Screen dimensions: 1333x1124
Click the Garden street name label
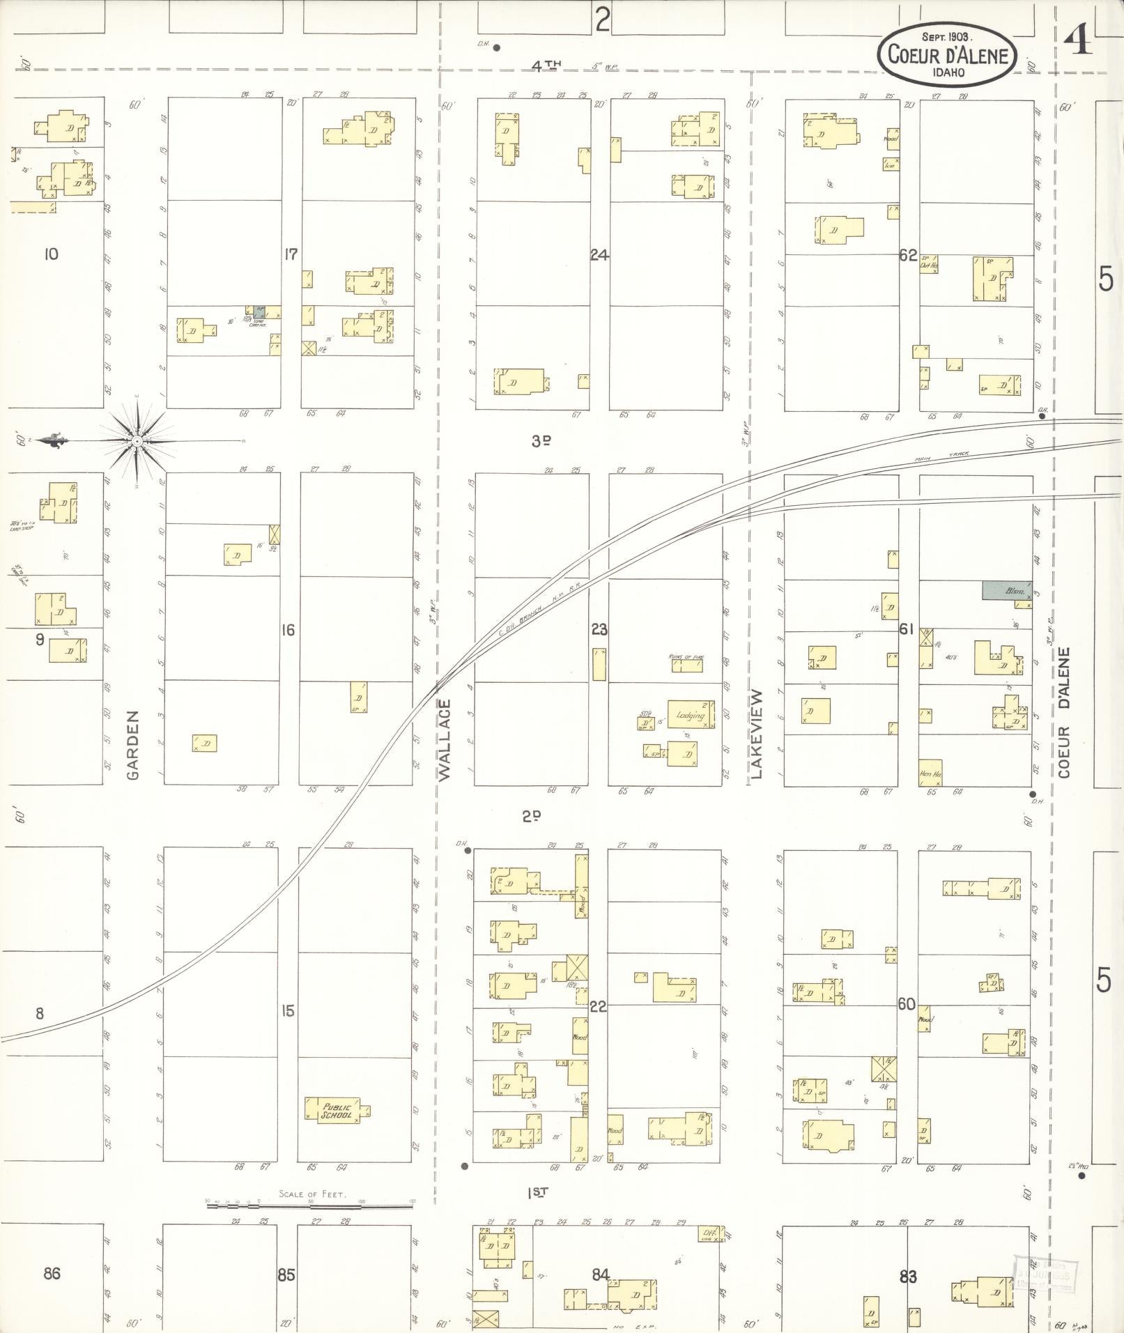[133, 744]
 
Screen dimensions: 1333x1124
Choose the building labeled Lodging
[691, 715]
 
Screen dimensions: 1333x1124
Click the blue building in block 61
[1006, 591]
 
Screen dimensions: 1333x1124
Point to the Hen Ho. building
[930, 772]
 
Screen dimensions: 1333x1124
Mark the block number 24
[599, 255]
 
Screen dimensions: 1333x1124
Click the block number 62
[907, 255]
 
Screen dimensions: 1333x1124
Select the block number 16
[288, 630]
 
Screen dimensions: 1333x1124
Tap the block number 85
[286, 1275]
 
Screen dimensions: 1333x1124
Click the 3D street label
[541, 440]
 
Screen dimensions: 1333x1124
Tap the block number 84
[601, 1275]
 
